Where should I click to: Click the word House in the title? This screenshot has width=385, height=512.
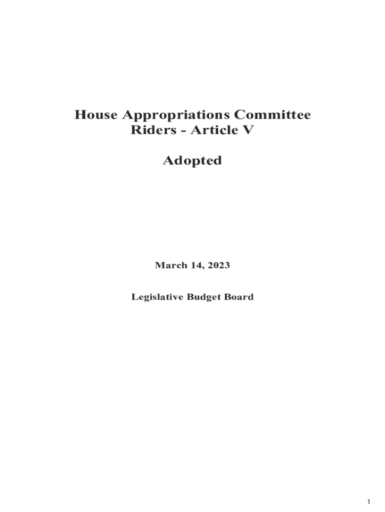pyautogui.click(x=95, y=115)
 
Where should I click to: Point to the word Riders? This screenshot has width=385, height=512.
pyautogui.click(x=152, y=130)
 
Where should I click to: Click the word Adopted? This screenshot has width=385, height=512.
pyautogui.click(x=192, y=161)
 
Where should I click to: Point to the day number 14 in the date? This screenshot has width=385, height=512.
pyautogui.click(x=196, y=265)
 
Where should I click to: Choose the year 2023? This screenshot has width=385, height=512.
pyautogui.click(x=218, y=265)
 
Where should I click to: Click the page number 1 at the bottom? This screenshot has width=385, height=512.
pyautogui.click(x=368, y=502)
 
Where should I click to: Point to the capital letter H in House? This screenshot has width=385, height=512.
pyautogui.click(x=80, y=115)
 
